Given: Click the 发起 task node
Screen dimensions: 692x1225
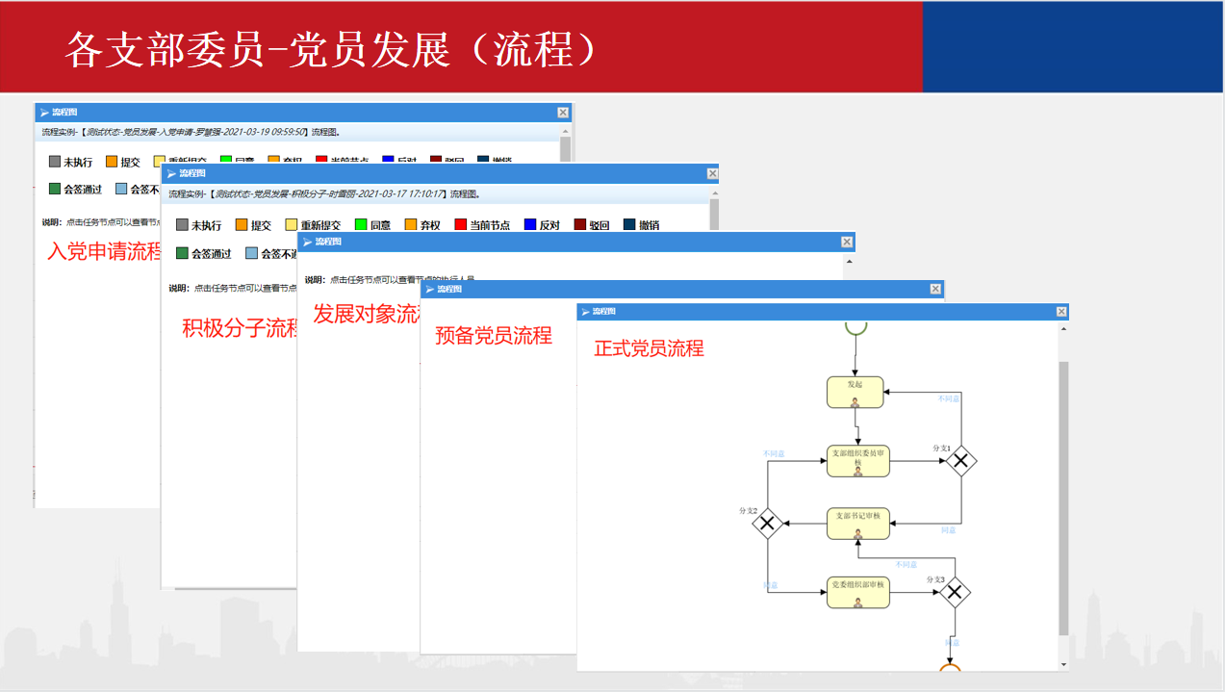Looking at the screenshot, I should [x=855, y=391].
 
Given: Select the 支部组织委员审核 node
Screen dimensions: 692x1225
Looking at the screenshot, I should [x=857, y=460].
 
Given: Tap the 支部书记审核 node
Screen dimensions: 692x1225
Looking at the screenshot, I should [x=857, y=523].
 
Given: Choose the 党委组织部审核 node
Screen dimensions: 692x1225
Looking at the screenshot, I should [x=857, y=592].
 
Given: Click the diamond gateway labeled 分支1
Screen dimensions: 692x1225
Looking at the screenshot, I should [x=960, y=461].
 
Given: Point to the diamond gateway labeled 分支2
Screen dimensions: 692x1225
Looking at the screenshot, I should [x=767, y=524].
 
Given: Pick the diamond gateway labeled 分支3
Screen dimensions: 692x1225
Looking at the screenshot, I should [x=954, y=593].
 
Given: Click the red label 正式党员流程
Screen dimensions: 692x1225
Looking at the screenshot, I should [x=649, y=348].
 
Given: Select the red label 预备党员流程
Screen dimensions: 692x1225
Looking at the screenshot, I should [x=493, y=336].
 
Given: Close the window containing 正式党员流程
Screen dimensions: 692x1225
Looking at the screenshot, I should [x=1061, y=312].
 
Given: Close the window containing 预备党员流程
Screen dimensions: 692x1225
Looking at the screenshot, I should [x=935, y=289].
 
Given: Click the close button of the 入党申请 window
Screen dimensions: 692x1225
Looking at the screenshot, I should [x=563, y=113].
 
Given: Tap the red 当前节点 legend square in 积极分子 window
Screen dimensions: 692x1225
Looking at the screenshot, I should [x=460, y=225].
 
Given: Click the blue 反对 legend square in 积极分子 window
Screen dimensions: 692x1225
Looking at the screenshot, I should [x=529, y=225].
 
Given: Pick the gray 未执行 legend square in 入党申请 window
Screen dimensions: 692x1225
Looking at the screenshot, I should [x=55, y=162].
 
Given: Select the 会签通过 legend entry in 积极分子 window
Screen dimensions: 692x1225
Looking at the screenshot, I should [x=202, y=254].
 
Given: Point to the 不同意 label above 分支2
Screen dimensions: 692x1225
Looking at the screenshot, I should [x=774, y=453].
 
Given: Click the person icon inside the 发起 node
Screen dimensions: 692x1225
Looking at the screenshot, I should [x=855, y=401].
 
